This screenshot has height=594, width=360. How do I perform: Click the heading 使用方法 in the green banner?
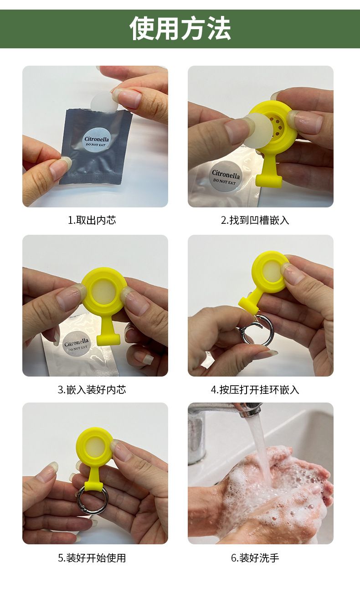pos(180,28)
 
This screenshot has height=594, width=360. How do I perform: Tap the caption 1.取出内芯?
pos(92,220)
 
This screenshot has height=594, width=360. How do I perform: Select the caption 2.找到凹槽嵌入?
pos(255,220)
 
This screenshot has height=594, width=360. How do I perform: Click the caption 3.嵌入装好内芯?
pos(92,390)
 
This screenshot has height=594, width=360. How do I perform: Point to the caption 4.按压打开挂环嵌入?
pos(255,390)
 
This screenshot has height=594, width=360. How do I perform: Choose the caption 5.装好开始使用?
pos(92,558)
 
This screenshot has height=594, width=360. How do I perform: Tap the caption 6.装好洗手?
pos(255,558)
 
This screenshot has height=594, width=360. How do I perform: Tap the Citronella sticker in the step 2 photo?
pos(226,176)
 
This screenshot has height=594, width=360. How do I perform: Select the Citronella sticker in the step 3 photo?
pos(76,344)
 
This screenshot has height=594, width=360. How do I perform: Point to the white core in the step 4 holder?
pos(269,273)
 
